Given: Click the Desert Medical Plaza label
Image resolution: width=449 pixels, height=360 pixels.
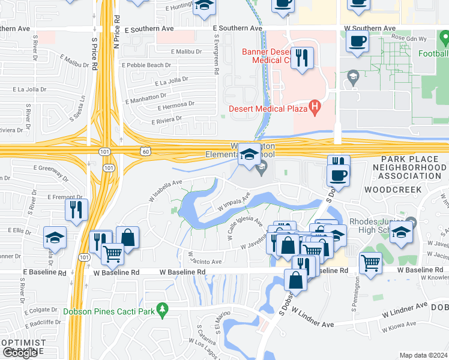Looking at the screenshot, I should [x=268, y=109].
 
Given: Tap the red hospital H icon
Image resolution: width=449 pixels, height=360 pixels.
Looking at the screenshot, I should [x=313, y=108].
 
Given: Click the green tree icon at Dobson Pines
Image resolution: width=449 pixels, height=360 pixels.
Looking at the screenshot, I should [x=161, y=310].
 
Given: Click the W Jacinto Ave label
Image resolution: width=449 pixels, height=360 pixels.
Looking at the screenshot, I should [x=206, y=261].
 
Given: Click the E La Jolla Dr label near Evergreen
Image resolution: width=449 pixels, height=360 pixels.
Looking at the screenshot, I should [x=172, y=81].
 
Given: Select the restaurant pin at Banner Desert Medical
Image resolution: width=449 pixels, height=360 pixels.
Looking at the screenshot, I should [x=302, y=58].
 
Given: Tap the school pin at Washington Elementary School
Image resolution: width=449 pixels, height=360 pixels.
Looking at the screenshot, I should [x=249, y=155].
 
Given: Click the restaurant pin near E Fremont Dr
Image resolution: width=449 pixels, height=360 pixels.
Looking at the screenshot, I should [x=76, y=209].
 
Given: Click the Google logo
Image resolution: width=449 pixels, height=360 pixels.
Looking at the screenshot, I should [x=20, y=353].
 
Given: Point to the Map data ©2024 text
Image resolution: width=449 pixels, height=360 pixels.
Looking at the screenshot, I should [x=423, y=355].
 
